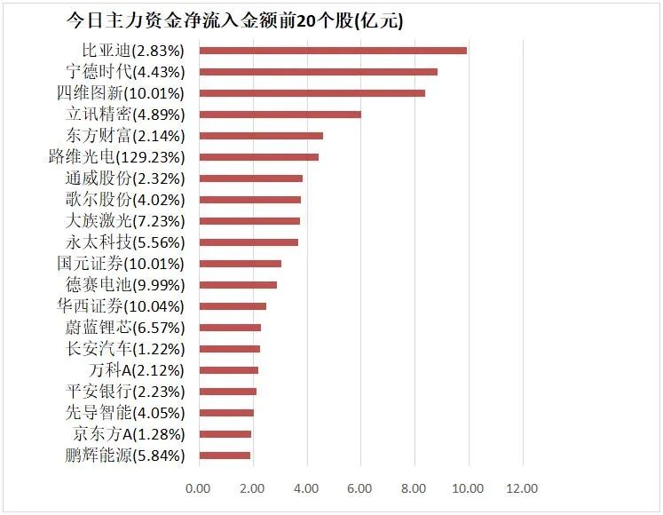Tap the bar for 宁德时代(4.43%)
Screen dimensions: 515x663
coord(318,71)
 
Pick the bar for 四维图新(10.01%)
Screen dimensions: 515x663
coord(312,92)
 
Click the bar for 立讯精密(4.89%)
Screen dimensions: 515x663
coord(280,114)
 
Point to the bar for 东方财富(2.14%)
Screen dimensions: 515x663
coord(260,136)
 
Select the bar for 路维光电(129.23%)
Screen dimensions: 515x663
coord(257,157)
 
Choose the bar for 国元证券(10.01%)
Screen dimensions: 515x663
coord(240,264)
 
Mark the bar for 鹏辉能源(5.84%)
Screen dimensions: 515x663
coord(224,456)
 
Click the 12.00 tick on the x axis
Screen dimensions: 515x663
coord(523,488)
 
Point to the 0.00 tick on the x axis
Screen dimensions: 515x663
coord(198,488)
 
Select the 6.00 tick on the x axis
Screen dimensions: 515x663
coord(360,488)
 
